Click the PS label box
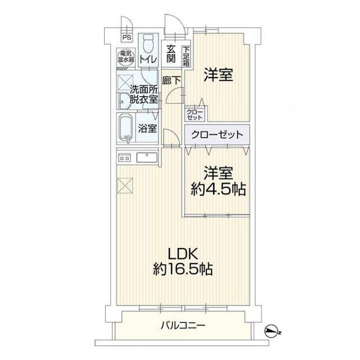click(127, 38)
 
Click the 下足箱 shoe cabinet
click(185, 57)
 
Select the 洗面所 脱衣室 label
click(143, 94)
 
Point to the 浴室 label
click(147, 128)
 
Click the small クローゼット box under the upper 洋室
click(195, 115)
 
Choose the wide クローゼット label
click(217, 135)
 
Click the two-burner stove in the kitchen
click(125, 157)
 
